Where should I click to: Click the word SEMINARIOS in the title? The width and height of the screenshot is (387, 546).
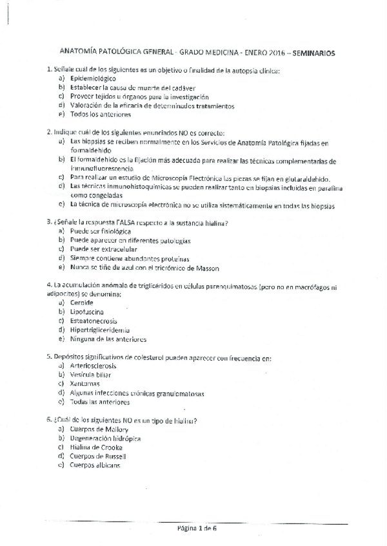coord(312,54)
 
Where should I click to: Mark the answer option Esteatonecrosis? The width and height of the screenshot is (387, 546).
coord(93,321)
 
